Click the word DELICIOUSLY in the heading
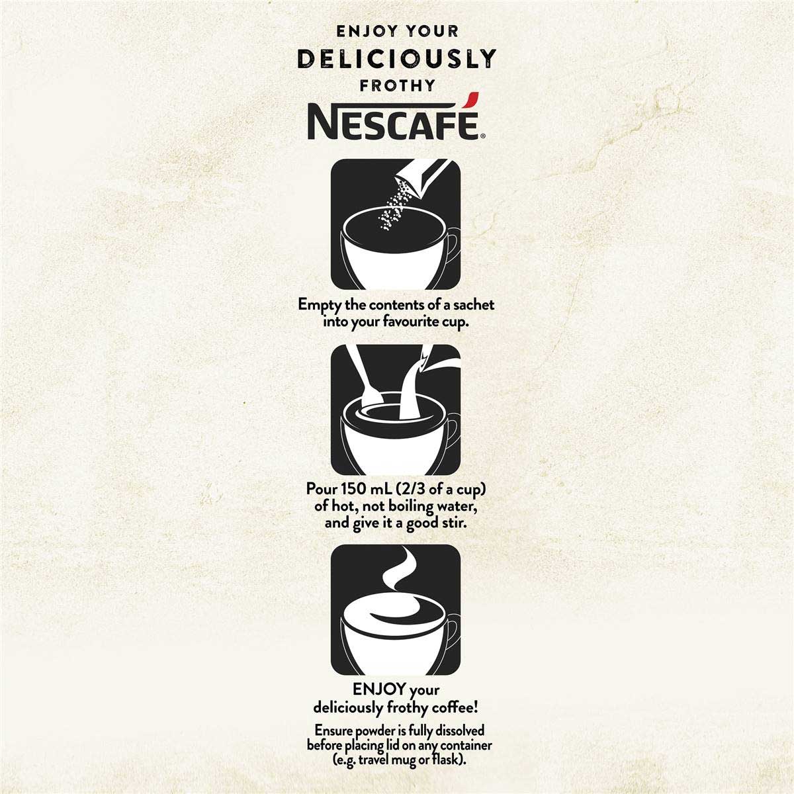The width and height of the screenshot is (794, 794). point(396,59)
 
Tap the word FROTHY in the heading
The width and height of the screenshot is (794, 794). point(397,85)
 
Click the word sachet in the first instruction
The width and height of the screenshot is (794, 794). point(474,304)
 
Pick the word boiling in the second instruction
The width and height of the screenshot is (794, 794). point(411,506)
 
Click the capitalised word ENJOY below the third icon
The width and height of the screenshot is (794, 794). point(379,689)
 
